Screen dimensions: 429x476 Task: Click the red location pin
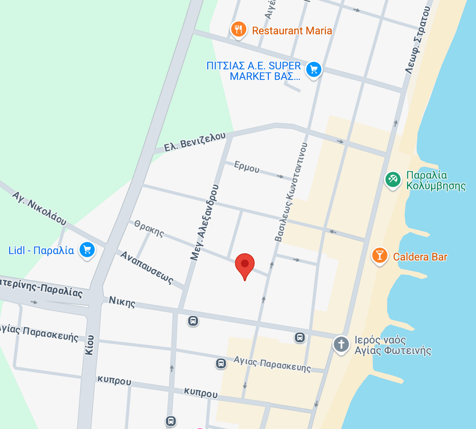click(x=245, y=265)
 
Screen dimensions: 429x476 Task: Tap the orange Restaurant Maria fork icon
click(x=238, y=29)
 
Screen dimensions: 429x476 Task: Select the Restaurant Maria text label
click(x=292, y=31)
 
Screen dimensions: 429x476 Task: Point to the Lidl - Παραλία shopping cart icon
click(x=87, y=250)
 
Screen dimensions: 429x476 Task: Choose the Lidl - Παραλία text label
click(x=41, y=251)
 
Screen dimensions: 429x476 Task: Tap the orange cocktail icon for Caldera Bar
click(x=380, y=255)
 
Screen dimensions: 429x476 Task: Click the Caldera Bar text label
click(x=420, y=257)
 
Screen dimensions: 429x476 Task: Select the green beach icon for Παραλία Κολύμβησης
click(x=393, y=180)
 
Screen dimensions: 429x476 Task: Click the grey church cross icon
click(x=341, y=344)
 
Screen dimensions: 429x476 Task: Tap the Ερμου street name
click(x=247, y=167)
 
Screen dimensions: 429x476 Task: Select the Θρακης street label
click(x=149, y=228)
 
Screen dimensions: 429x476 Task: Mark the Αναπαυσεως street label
click(x=147, y=268)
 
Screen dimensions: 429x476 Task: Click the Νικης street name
click(x=122, y=302)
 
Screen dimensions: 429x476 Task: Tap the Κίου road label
click(x=90, y=345)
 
